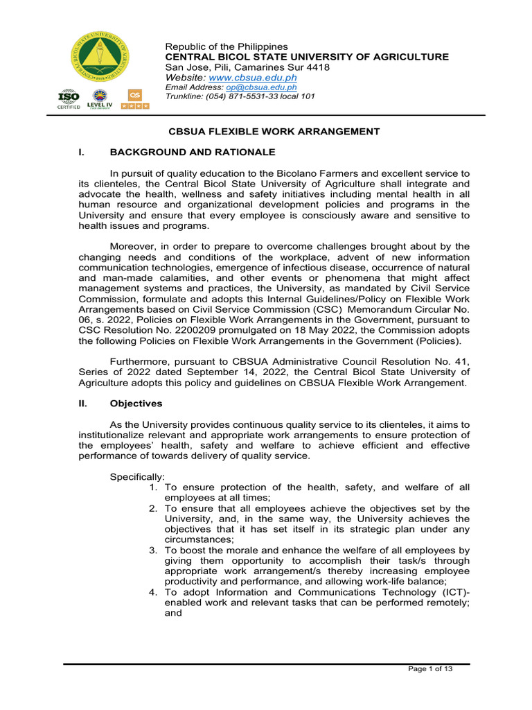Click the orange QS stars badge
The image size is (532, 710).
(x=135, y=99)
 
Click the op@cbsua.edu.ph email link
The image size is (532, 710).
(x=261, y=87)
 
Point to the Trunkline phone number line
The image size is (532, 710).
(x=240, y=96)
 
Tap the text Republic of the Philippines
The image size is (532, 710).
(x=226, y=46)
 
